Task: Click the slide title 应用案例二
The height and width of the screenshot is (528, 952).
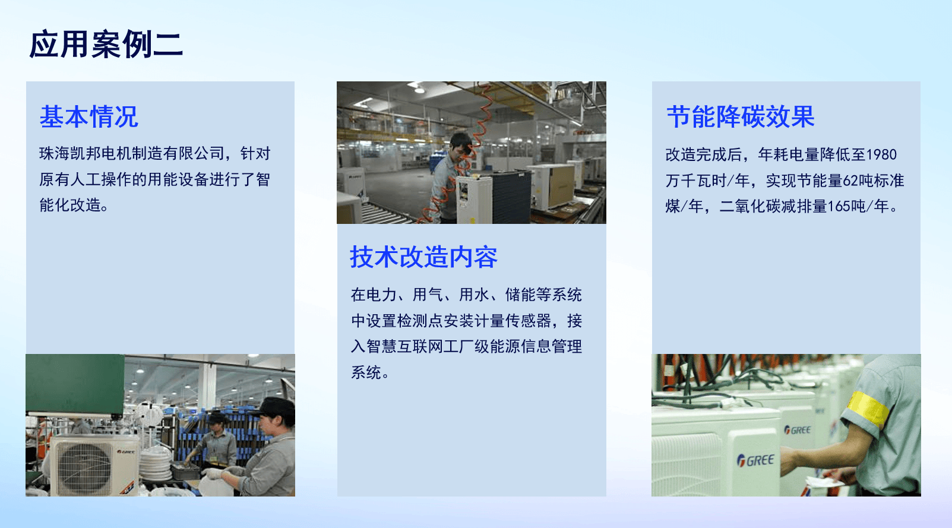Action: pyautogui.click(x=106, y=44)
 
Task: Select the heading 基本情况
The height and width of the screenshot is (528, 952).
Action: pyautogui.click(x=89, y=116)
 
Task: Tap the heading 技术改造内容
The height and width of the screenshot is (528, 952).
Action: pyautogui.click(x=423, y=257)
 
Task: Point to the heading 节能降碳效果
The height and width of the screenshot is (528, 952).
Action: pyautogui.click(x=741, y=116)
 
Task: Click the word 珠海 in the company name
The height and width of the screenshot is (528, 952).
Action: pyautogui.click(x=55, y=153)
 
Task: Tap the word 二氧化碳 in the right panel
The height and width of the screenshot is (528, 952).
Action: pyautogui.click(x=750, y=206)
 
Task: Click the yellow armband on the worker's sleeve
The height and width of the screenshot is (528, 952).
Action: pyautogui.click(x=868, y=409)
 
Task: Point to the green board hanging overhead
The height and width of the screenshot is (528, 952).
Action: pyautogui.click(x=75, y=384)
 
